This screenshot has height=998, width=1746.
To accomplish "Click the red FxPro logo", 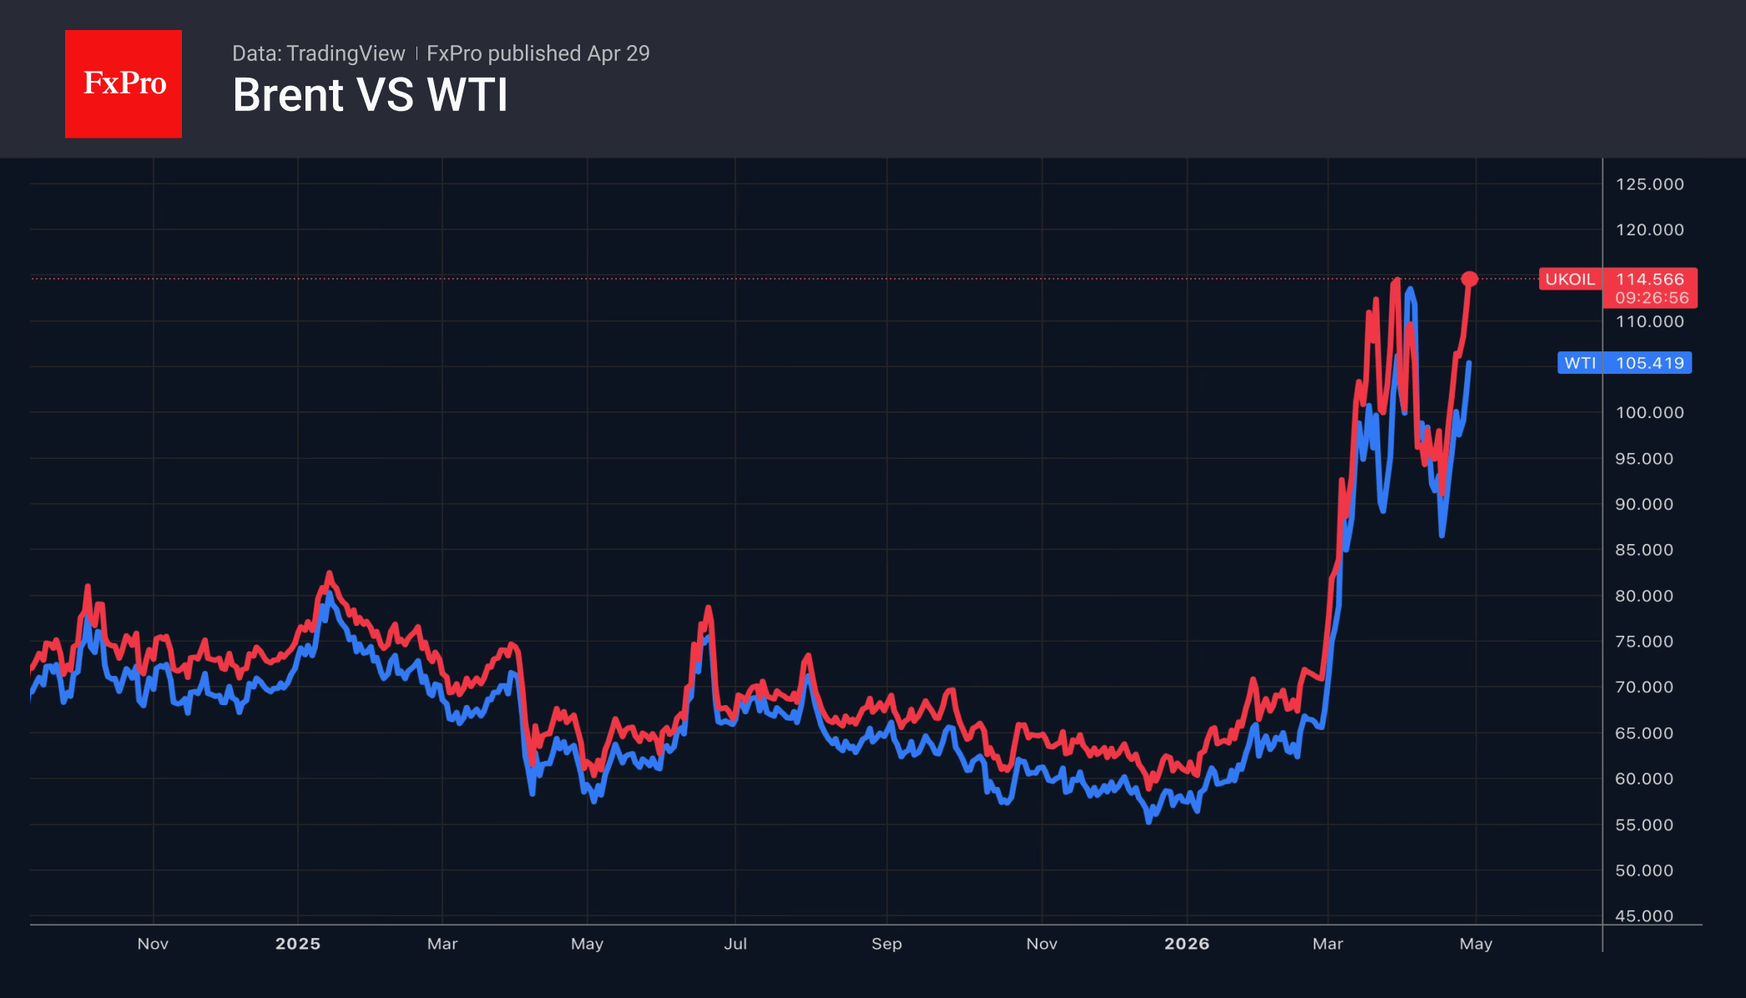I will [x=124, y=83].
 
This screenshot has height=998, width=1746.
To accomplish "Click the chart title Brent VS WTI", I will [x=370, y=95].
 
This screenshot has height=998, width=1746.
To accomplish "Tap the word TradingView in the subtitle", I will [x=345, y=53].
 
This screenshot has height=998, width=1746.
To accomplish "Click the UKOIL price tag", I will [x=1569, y=280].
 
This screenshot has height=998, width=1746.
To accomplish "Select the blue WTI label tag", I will [x=1579, y=363].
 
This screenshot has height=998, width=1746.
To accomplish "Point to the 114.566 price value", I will [x=1649, y=280].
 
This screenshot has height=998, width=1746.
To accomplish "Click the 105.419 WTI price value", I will [x=1649, y=363].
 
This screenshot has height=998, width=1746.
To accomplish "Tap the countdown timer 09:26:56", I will [x=1651, y=298].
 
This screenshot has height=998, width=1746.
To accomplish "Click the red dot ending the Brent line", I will [x=1470, y=279].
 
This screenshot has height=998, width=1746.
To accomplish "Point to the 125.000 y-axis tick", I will [x=1649, y=184].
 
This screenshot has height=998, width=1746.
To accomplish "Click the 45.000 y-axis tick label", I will [x=1643, y=916].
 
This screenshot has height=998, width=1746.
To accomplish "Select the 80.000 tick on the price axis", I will [x=1643, y=596].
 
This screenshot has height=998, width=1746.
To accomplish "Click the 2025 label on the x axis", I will [x=298, y=944].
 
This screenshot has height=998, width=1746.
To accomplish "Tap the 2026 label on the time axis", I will [x=1186, y=944].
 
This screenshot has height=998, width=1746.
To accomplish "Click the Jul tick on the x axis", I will [x=735, y=944].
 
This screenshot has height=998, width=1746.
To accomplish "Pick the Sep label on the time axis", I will [x=886, y=944].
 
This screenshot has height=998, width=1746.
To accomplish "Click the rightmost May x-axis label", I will [x=1476, y=944].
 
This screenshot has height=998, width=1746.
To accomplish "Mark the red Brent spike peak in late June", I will [x=708, y=608].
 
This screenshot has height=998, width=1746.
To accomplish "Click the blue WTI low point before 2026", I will [x=1149, y=820].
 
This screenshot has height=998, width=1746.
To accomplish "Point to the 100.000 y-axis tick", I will [x=1649, y=412].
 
